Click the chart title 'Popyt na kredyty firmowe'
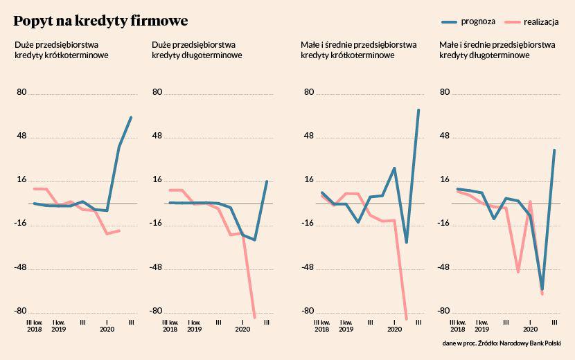(100, 21)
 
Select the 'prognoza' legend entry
(478, 21)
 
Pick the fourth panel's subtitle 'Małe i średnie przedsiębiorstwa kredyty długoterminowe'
(497, 50)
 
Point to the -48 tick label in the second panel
(157, 267)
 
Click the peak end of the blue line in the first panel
(131, 118)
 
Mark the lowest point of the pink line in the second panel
(255, 317)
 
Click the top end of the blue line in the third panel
(418, 109)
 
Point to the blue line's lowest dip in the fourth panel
(542, 289)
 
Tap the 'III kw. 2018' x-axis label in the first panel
(34, 325)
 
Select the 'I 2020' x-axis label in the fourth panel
(530, 325)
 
